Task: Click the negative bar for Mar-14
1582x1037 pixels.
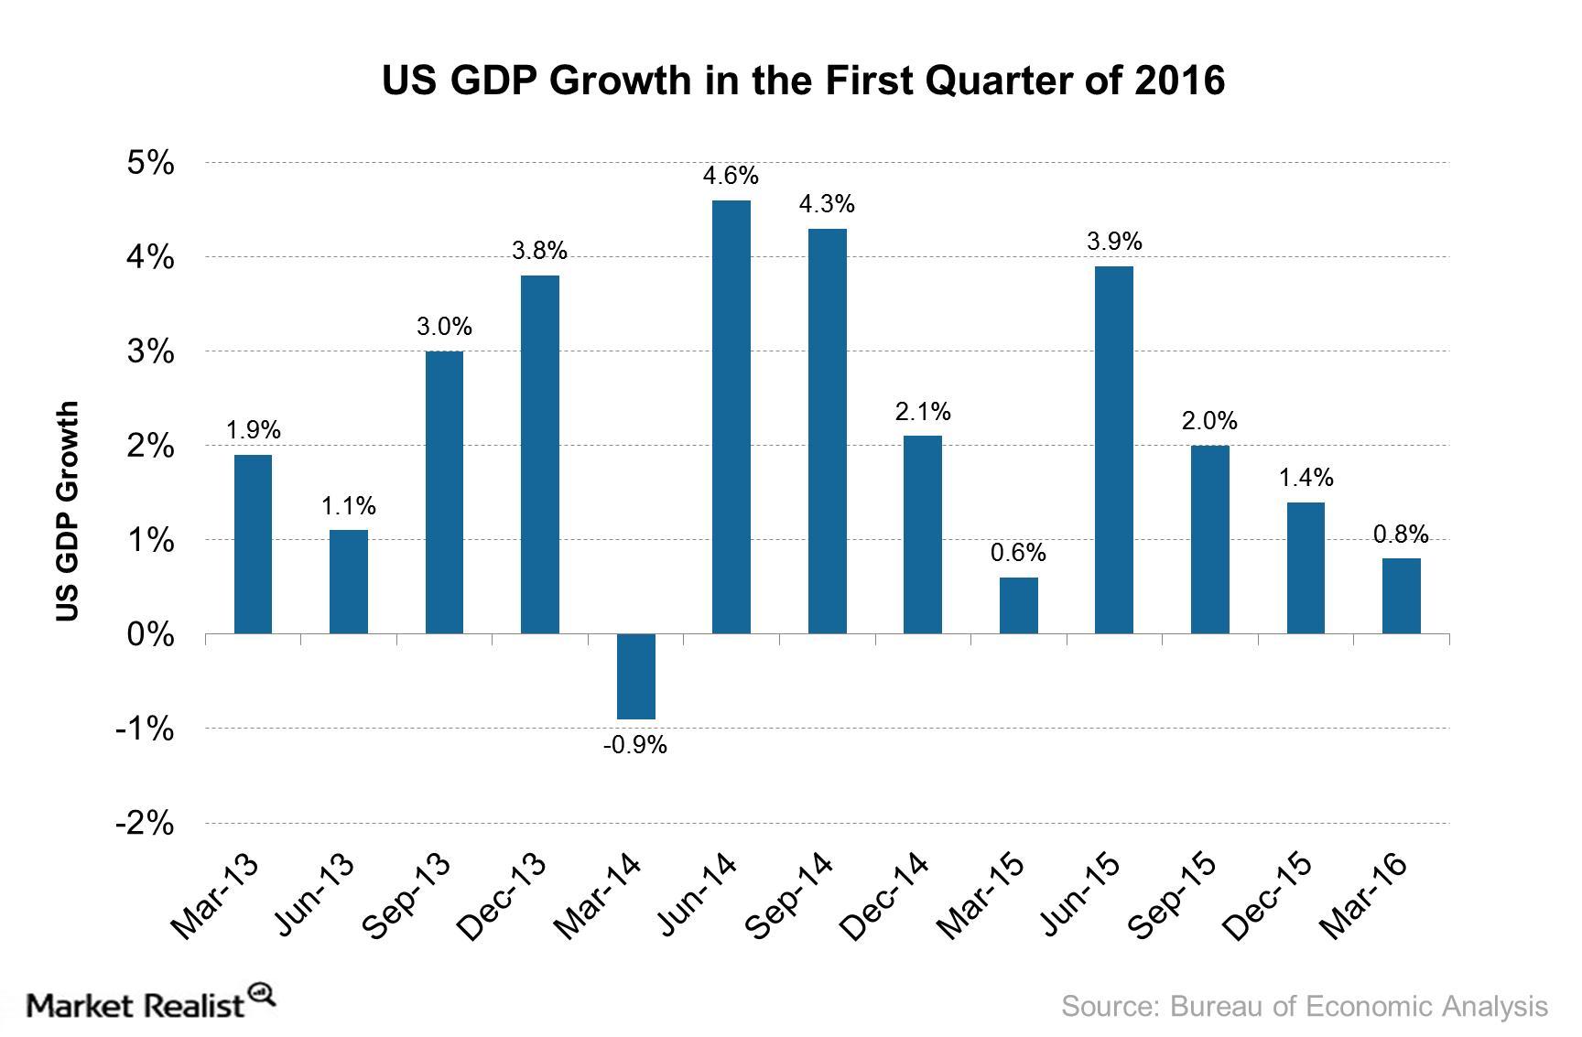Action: point(635,676)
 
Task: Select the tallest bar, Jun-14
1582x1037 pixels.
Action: point(731,416)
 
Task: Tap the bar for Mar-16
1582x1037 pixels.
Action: point(1401,596)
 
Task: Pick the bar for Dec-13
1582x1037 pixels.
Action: point(539,454)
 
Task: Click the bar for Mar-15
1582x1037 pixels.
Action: point(1018,605)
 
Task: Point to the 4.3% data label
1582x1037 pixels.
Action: point(826,204)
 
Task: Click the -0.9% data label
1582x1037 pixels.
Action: point(634,746)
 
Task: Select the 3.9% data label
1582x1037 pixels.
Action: point(1113,242)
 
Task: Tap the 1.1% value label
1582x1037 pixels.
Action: point(348,506)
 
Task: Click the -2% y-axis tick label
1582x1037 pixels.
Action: point(145,823)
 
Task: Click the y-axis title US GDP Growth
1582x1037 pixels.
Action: point(68,512)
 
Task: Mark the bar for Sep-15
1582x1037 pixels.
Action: point(1209,539)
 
